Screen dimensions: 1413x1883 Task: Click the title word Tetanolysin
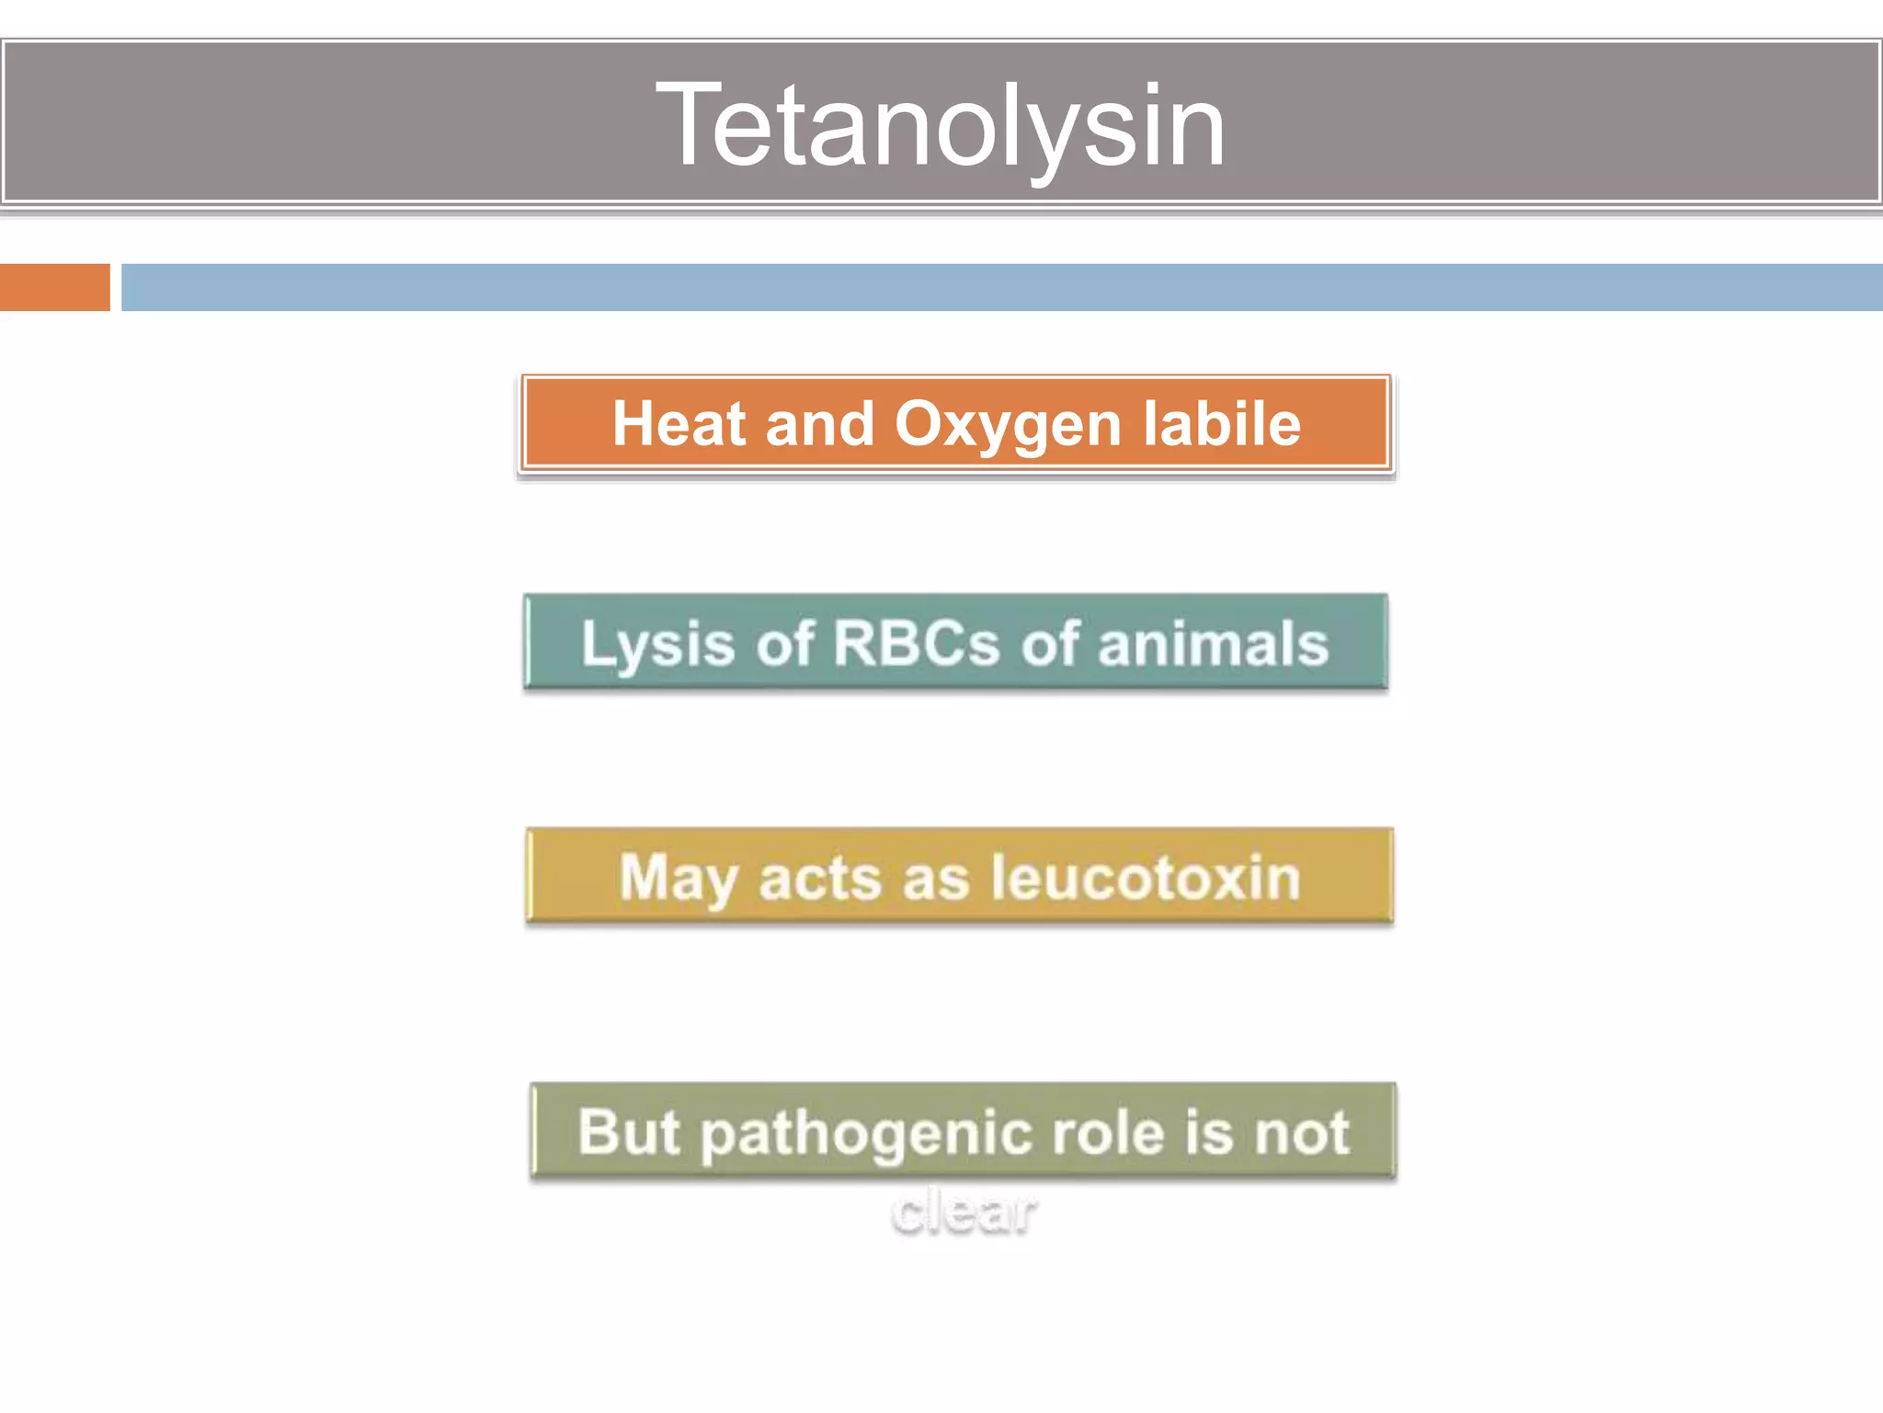click(940, 125)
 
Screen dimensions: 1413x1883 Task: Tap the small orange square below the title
click(54, 287)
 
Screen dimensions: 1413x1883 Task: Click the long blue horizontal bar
click(1000, 287)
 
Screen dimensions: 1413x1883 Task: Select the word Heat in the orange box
click(679, 424)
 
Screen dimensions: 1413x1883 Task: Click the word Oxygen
click(1008, 426)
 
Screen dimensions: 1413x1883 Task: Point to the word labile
click(1222, 424)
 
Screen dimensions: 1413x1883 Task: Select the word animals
click(1213, 643)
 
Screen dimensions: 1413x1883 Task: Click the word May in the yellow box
click(678, 879)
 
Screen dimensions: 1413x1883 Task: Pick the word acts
click(820, 879)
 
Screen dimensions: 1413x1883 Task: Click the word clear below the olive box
click(964, 1212)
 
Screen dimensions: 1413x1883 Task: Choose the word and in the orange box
click(819, 424)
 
